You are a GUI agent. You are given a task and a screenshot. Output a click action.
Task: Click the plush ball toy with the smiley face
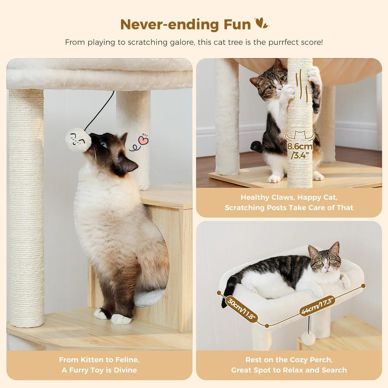(78, 140)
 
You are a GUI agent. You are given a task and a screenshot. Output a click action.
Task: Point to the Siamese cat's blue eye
(104, 144)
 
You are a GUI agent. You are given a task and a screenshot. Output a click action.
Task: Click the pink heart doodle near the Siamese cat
(143, 140)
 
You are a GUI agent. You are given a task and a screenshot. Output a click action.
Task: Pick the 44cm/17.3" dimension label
(317, 305)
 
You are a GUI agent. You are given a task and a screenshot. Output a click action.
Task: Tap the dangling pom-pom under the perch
(308, 338)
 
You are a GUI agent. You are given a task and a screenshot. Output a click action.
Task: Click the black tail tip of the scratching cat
(256, 145)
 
